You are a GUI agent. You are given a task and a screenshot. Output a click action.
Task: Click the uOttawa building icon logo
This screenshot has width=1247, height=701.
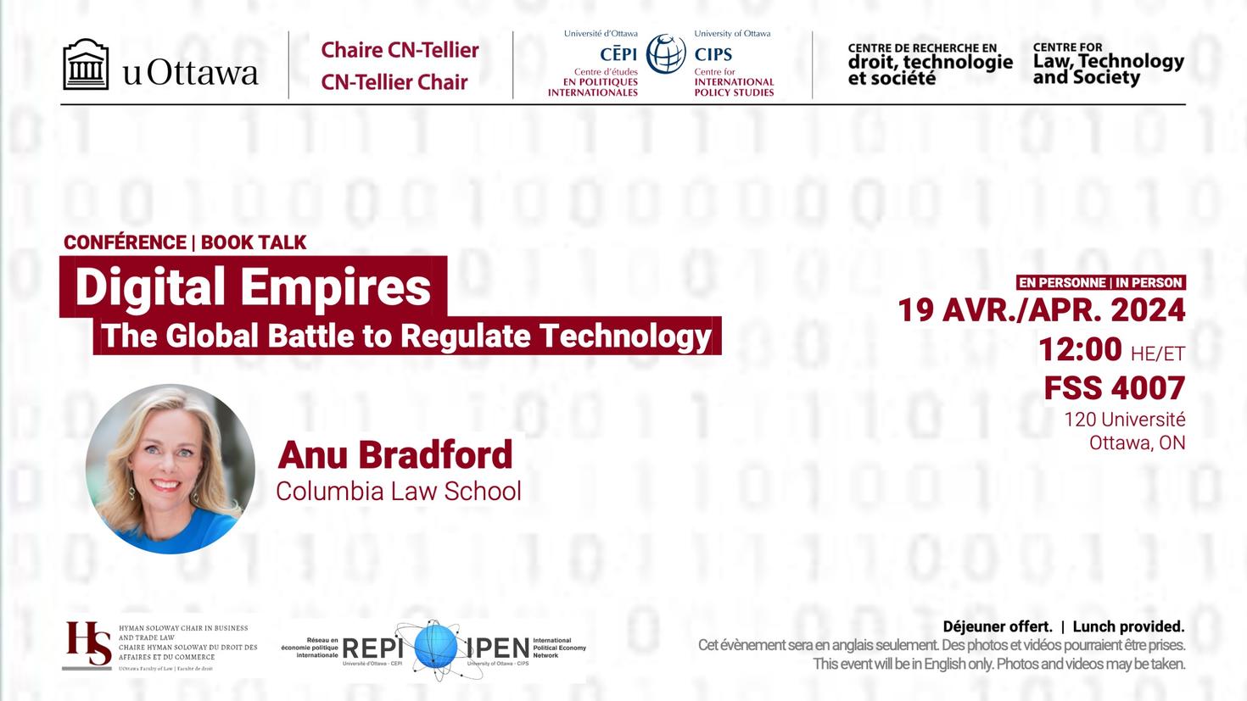pyautogui.click(x=86, y=64)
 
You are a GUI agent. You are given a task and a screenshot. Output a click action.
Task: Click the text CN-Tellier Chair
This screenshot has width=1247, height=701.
pyautogui.click(x=394, y=82)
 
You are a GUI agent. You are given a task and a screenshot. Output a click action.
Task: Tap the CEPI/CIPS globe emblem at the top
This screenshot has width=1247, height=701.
pyautogui.click(x=666, y=53)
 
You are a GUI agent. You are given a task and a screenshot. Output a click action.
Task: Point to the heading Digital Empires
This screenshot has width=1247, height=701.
pyautogui.click(x=253, y=287)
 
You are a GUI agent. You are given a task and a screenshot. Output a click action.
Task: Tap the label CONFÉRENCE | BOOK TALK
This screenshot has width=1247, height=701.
pyautogui.click(x=185, y=242)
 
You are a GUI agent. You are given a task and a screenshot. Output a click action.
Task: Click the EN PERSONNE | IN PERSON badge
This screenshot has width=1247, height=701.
pyautogui.click(x=1100, y=282)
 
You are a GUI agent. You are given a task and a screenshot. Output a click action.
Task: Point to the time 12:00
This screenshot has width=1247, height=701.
pyautogui.click(x=1079, y=348)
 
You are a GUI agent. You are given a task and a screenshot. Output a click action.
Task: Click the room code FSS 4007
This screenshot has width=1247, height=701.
pyautogui.click(x=1114, y=388)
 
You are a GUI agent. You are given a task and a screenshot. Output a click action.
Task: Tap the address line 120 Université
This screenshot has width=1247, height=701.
pyautogui.click(x=1124, y=419)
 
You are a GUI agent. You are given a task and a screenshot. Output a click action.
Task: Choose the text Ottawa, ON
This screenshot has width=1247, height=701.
pyautogui.click(x=1137, y=442)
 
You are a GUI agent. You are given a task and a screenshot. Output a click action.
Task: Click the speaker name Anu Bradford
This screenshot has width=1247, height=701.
pyautogui.click(x=395, y=454)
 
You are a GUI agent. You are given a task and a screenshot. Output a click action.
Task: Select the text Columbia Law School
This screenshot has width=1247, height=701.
pyautogui.click(x=398, y=491)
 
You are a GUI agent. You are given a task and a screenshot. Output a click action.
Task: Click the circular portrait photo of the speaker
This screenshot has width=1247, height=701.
pyautogui.click(x=171, y=469)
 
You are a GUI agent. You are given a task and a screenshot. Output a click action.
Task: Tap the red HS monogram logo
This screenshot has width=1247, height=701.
pyautogui.click(x=88, y=645)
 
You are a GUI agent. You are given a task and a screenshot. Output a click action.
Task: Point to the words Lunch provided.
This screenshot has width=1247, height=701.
pyautogui.click(x=1128, y=626)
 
